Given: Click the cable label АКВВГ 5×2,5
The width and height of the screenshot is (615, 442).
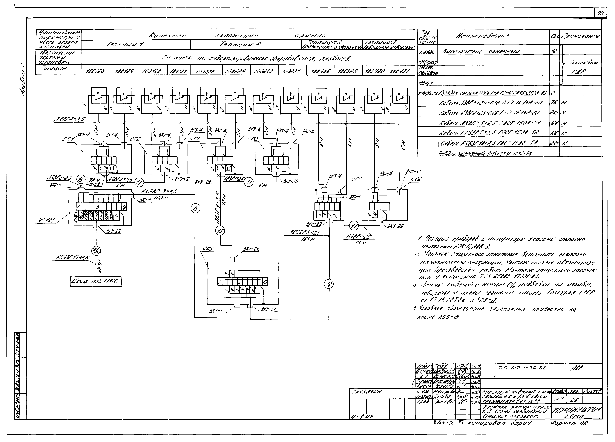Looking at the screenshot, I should pyautogui.click(x=305, y=233).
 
